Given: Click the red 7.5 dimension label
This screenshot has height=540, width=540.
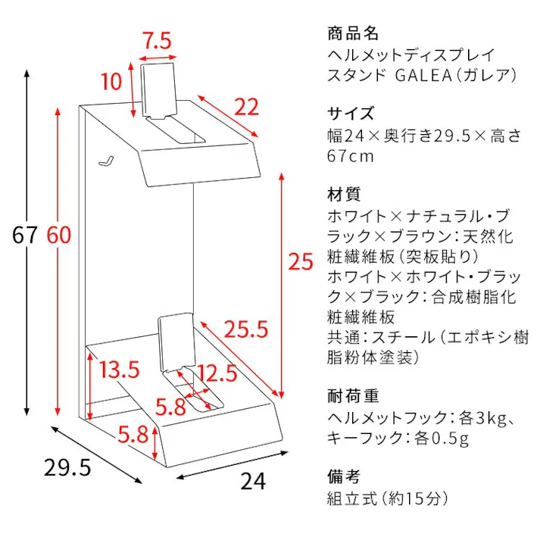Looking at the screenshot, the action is pyautogui.click(x=158, y=41).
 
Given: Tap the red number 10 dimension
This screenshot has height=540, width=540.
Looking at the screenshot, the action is pyautogui.click(x=111, y=82).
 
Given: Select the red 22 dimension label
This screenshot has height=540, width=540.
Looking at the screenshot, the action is pyautogui.click(x=246, y=107).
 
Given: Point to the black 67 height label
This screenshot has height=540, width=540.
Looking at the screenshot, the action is pyautogui.click(x=24, y=235).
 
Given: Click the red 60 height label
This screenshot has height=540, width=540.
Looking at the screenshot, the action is pyautogui.click(x=59, y=235).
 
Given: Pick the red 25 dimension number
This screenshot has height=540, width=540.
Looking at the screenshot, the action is pyautogui.click(x=301, y=261).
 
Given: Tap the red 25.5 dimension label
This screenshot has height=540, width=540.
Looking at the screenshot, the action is pyautogui.click(x=246, y=329).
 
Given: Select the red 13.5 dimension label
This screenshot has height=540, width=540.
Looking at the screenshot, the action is pyautogui.click(x=120, y=370).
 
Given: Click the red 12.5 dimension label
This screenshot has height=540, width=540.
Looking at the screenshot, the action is pyautogui.click(x=217, y=373).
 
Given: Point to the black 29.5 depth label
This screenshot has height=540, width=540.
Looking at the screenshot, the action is pyautogui.click(x=68, y=467).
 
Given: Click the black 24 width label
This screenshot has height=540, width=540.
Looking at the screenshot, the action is pyautogui.click(x=253, y=481).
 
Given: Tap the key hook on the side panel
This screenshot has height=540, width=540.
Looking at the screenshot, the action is pyautogui.click(x=107, y=161).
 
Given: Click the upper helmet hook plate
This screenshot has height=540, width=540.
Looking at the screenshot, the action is pyautogui.click(x=159, y=90).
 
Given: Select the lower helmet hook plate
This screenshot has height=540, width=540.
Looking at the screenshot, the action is pyautogui.click(x=176, y=341).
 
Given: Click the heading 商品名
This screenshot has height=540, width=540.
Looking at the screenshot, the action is pyautogui.click(x=353, y=34).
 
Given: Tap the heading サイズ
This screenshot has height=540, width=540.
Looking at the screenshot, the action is pyautogui.click(x=351, y=114).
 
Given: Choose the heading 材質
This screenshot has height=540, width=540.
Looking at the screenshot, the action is pyautogui.click(x=344, y=194).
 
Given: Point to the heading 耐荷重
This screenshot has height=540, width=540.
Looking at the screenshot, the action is pyautogui.click(x=353, y=396).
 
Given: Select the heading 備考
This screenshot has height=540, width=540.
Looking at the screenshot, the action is pyautogui.click(x=344, y=476).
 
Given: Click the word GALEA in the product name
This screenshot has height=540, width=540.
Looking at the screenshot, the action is pyautogui.click(x=423, y=76).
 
